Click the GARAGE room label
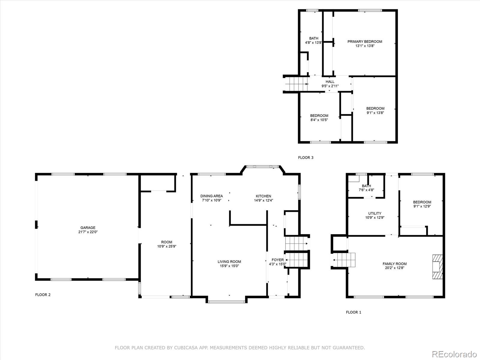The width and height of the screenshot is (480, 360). pyautogui.click(x=88, y=228)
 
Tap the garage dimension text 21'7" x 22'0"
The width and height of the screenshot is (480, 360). pyautogui.click(x=88, y=232)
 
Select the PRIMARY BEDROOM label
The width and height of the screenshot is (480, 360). pyautogui.click(x=364, y=42)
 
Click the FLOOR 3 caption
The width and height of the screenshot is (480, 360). pyautogui.click(x=305, y=157)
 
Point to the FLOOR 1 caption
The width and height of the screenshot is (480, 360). pyautogui.click(x=353, y=312)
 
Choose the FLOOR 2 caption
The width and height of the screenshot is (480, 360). pyautogui.click(x=43, y=295)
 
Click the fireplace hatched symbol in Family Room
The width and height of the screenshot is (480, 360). pyautogui.click(x=437, y=267)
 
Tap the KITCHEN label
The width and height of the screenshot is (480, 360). pyautogui.click(x=263, y=196)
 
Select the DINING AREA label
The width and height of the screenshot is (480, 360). pyautogui.click(x=211, y=196)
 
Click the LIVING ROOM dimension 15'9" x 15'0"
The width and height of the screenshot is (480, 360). pyautogui.click(x=229, y=266)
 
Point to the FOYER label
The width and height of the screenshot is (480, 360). pyautogui.click(x=277, y=260)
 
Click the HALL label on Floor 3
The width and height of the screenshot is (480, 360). pyautogui.click(x=330, y=82)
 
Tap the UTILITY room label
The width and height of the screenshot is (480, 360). pyautogui.click(x=375, y=214)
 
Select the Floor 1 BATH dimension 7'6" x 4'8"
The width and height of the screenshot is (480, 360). pyautogui.click(x=366, y=190)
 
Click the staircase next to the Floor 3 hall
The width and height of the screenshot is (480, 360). pyautogui.click(x=296, y=83)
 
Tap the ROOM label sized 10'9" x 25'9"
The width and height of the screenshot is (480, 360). pyautogui.click(x=166, y=242)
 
